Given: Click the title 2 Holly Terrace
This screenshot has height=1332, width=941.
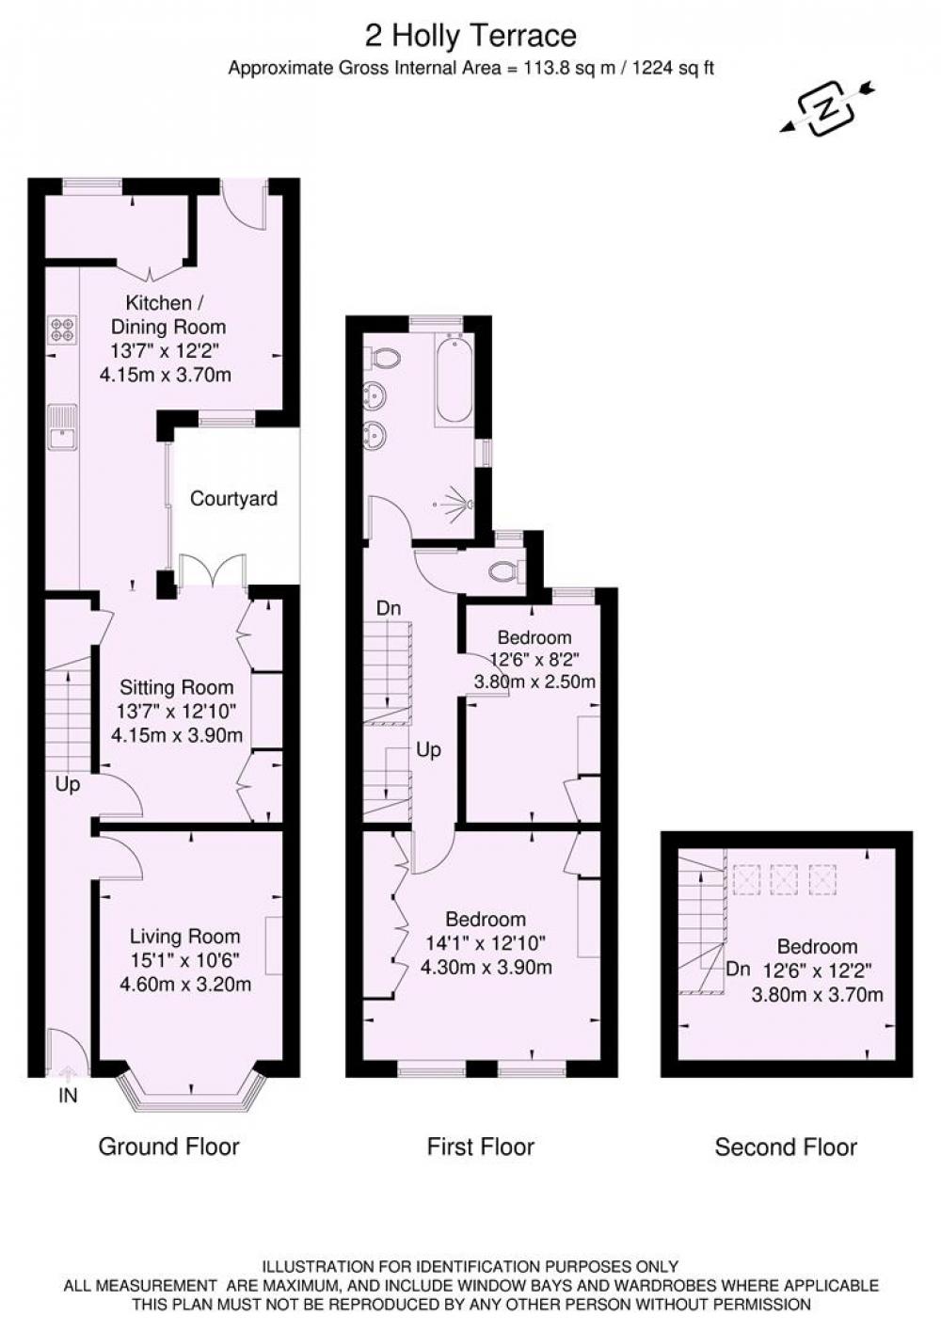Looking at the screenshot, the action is click(x=470, y=36).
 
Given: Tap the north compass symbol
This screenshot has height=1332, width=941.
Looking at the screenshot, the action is click(x=826, y=107).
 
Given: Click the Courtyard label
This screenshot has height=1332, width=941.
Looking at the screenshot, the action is click(x=233, y=498).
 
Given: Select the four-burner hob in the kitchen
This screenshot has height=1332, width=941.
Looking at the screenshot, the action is click(x=62, y=330).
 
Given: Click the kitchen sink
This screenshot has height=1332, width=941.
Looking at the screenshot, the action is click(x=62, y=429).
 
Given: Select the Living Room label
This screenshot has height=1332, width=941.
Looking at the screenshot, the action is click(x=184, y=937).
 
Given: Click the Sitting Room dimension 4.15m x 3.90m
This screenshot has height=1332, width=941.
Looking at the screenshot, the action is click(x=177, y=735).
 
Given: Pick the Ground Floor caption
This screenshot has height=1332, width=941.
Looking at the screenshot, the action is click(x=168, y=1147).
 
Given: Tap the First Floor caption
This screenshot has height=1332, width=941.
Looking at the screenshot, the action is click(x=481, y=1147).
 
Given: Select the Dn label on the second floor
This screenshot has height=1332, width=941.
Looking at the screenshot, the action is click(x=739, y=970).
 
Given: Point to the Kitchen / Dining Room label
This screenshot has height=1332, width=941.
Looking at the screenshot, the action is click(x=168, y=314).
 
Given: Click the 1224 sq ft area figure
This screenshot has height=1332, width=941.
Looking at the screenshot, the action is click(x=673, y=69).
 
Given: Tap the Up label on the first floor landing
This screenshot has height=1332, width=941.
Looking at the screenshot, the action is click(x=428, y=750).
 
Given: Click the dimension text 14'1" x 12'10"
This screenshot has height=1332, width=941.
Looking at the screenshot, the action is click(x=486, y=943).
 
